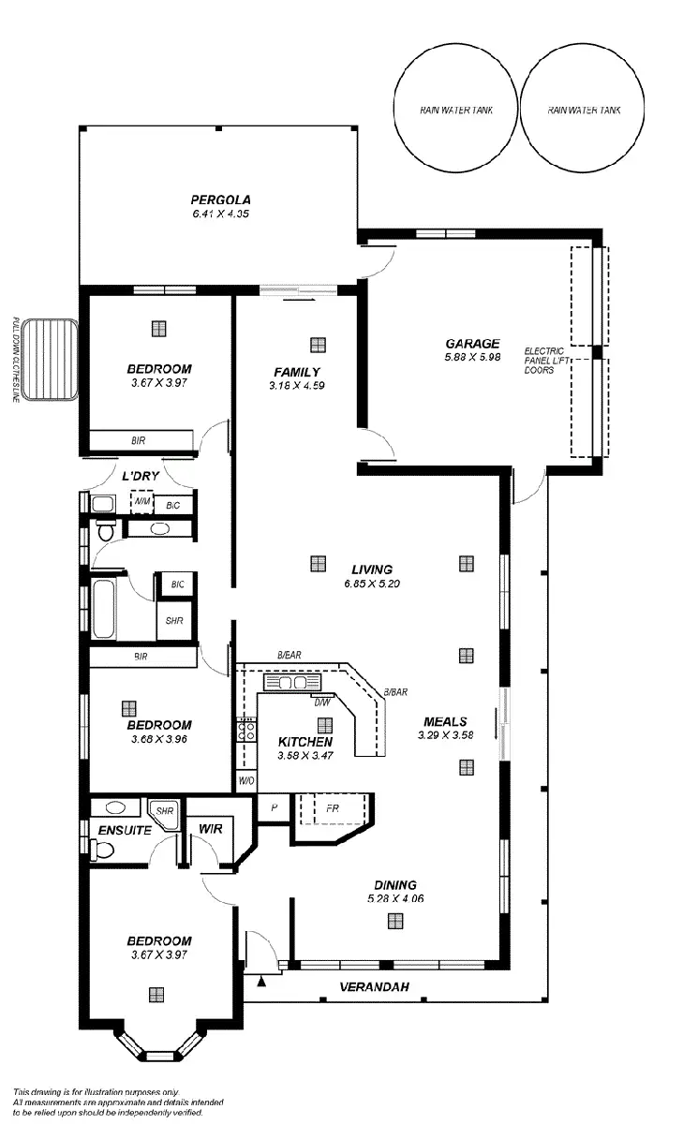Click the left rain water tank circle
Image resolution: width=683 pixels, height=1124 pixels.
455,110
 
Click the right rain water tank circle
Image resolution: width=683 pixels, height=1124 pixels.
583,110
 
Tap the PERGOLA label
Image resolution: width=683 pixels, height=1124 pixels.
220,200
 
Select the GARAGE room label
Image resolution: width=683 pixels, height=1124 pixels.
472,344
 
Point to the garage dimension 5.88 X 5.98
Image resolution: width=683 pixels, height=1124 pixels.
472,357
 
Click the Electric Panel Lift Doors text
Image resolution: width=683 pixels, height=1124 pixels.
545,361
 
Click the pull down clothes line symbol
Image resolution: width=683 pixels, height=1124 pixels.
49,360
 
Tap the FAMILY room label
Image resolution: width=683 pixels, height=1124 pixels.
297,372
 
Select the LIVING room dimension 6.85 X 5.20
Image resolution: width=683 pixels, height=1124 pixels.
372,584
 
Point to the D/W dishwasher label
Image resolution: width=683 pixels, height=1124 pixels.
321,702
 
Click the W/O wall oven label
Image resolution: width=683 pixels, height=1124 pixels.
246,780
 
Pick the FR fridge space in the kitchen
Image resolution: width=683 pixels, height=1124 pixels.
333,806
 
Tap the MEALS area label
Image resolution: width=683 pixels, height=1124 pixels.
445,721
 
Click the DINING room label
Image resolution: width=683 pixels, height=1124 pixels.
394,885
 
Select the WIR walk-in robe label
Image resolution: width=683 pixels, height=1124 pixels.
210,829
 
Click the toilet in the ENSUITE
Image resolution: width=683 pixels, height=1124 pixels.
101,850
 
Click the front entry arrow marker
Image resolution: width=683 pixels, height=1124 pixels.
261,981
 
